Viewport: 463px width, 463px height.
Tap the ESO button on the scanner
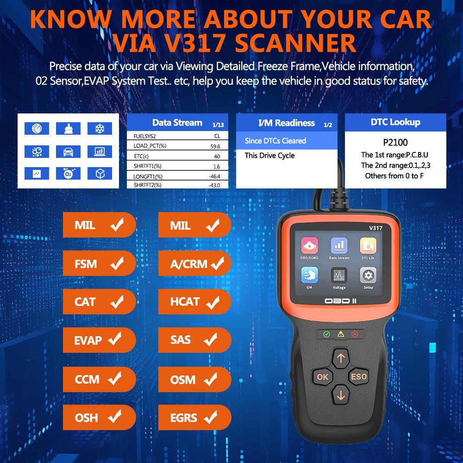tap(358, 376)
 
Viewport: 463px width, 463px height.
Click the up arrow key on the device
tap(341, 357)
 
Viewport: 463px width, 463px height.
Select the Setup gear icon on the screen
tap(368, 276)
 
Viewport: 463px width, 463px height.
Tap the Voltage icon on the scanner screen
tap(339, 276)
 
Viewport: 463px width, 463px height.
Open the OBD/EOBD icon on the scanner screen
tap(309, 246)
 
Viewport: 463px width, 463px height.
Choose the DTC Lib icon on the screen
tap(368, 246)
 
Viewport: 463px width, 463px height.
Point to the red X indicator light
tap(355, 333)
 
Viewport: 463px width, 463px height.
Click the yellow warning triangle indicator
tap(341, 333)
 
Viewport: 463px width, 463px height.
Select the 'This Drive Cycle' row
tap(269, 156)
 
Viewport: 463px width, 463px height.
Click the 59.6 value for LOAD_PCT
tap(214, 146)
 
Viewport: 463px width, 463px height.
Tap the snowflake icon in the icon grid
tap(99, 128)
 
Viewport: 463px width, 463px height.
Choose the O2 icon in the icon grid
tap(68, 174)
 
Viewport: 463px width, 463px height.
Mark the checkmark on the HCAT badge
tap(213, 303)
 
